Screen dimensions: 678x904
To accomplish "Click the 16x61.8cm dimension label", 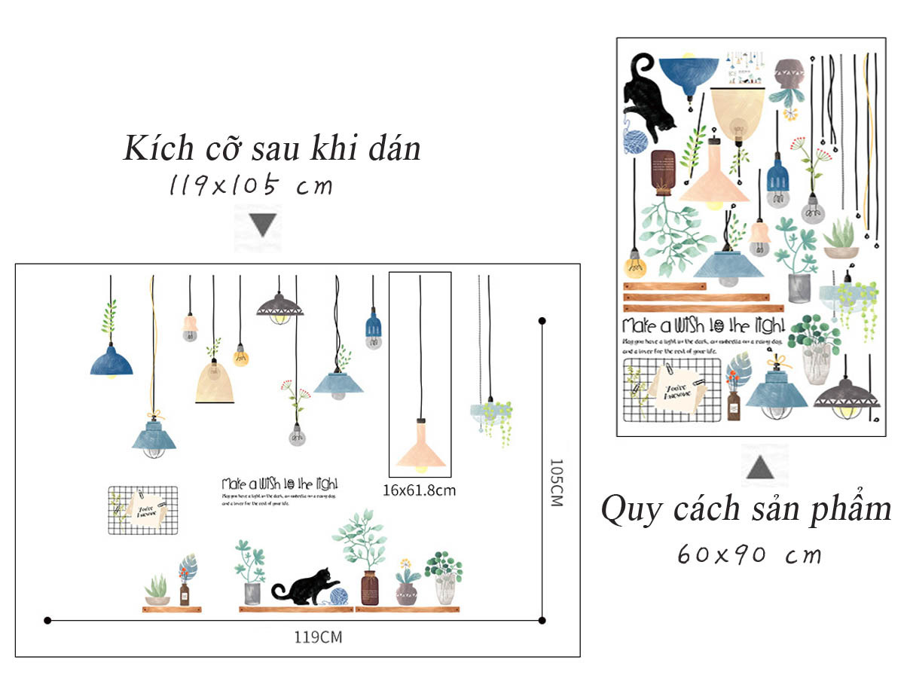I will click(419, 490).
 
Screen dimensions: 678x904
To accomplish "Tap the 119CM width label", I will click(318, 637).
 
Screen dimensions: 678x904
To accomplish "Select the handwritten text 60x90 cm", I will click(750, 555).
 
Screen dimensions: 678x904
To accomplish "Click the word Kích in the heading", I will click(155, 148).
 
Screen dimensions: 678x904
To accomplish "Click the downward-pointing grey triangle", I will click(263, 224).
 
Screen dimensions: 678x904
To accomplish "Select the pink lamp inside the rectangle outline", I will click(421, 450).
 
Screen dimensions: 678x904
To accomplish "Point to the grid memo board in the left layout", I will click(143, 510).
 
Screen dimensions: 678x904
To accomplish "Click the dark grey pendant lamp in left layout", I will click(279, 307).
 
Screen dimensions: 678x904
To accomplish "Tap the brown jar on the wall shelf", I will click(369, 588).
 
